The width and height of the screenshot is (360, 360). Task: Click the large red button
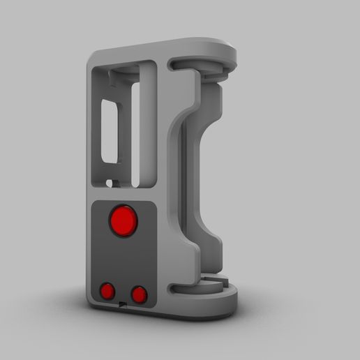[123, 221]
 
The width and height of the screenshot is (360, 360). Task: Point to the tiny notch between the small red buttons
[123, 304]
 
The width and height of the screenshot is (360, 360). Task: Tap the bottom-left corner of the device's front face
[92, 307]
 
